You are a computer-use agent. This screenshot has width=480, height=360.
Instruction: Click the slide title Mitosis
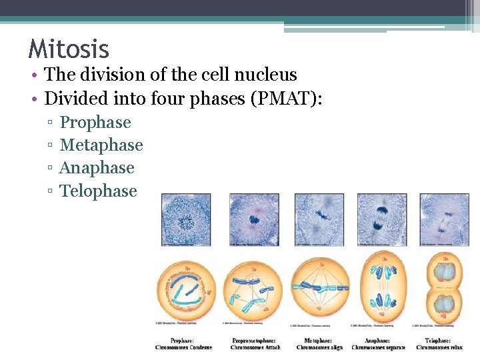click(x=69, y=49)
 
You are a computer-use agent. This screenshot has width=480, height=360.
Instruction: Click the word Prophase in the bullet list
click(x=95, y=123)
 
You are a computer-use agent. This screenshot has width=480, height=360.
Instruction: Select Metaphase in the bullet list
click(x=101, y=145)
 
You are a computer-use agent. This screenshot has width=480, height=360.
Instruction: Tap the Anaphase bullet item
click(x=97, y=168)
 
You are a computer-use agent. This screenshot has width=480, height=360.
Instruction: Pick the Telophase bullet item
click(x=98, y=191)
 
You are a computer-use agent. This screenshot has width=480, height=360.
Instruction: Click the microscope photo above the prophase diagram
click(x=186, y=220)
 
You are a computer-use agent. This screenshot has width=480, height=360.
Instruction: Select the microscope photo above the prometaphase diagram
click(x=254, y=220)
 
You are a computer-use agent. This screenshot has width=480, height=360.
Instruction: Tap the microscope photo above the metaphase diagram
click(x=319, y=220)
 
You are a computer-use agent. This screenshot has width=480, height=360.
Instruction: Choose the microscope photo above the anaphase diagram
click(x=381, y=220)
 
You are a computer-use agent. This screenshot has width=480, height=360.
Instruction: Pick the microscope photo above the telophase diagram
click(x=444, y=220)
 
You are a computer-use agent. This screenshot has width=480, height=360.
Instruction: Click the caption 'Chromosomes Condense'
click(x=183, y=347)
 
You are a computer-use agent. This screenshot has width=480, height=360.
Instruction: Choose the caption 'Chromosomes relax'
click(x=444, y=347)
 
